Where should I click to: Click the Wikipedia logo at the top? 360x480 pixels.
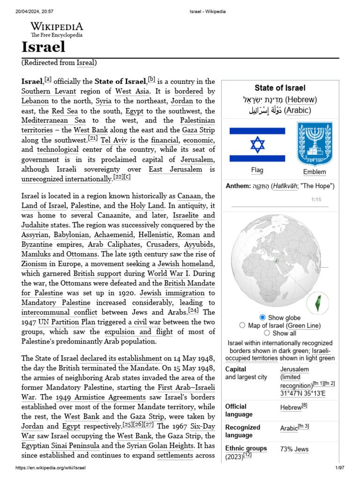(x=57, y=29)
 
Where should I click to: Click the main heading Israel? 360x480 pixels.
(x=43, y=47)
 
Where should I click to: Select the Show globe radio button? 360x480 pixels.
(x=262, y=317)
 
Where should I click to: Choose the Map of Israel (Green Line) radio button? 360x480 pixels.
(x=242, y=325)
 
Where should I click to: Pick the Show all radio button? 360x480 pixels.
(x=267, y=333)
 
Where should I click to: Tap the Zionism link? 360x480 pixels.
(x=34, y=264)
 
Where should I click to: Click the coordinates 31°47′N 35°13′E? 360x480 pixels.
(x=302, y=393)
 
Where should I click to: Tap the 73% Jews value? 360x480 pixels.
(x=294, y=449)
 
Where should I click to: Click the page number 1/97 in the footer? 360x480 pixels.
(x=340, y=468)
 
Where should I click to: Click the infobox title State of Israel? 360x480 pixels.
(x=280, y=88)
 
